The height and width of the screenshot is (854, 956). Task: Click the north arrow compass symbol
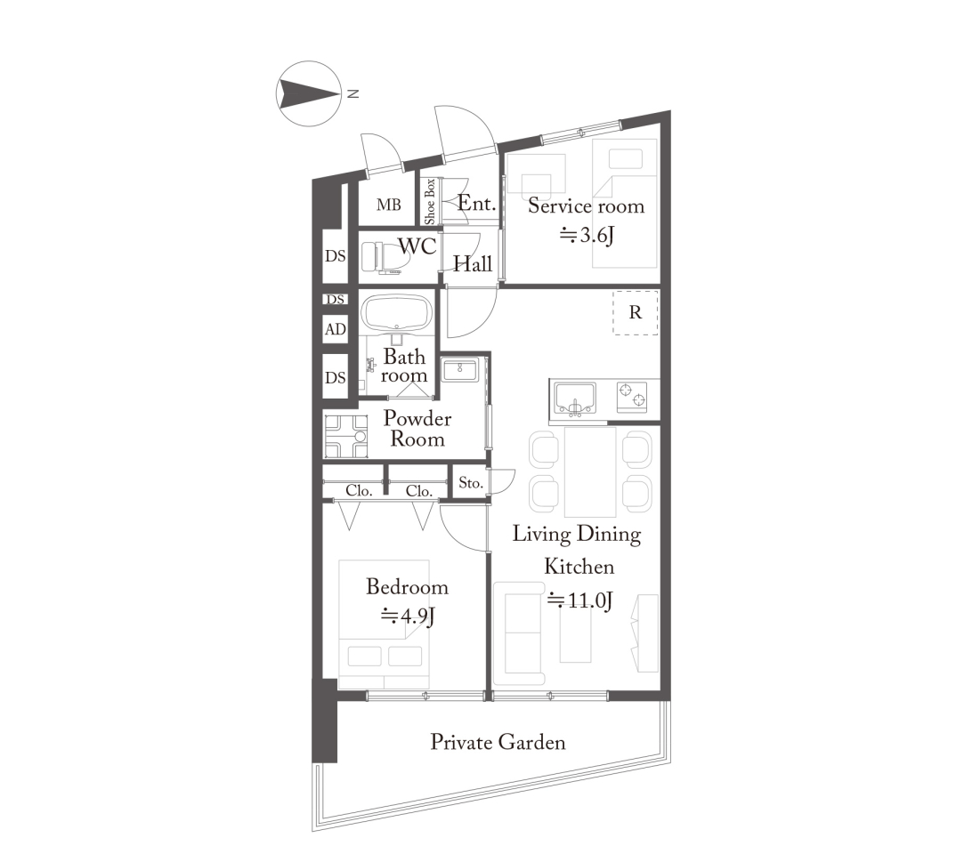tap(309, 93)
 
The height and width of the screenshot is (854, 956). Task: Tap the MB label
tap(388, 205)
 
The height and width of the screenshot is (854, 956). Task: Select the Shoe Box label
tap(430, 201)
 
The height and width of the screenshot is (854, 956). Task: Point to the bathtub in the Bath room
tap(397, 314)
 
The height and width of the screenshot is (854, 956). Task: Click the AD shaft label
tap(336, 329)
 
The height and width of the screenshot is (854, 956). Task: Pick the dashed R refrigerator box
tap(636, 312)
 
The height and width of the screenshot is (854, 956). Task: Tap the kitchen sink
tap(574, 399)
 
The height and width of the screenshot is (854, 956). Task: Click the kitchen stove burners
tap(632, 396)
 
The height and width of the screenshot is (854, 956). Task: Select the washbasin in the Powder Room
tap(460, 370)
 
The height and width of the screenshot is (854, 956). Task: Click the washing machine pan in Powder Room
tap(345, 436)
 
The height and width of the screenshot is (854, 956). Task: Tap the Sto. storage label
tap(471, 483)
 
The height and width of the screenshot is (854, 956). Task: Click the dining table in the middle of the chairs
tap(590, 472)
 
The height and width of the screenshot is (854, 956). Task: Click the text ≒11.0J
tap(579, 600)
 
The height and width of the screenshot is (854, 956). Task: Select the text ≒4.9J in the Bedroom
tap(408, 616)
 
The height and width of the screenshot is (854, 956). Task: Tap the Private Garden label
tap(498, 742)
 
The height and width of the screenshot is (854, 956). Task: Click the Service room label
tap(586, 205)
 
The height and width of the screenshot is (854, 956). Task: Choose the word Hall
tap(473, 263)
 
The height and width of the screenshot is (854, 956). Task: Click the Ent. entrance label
tap(477, 204)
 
